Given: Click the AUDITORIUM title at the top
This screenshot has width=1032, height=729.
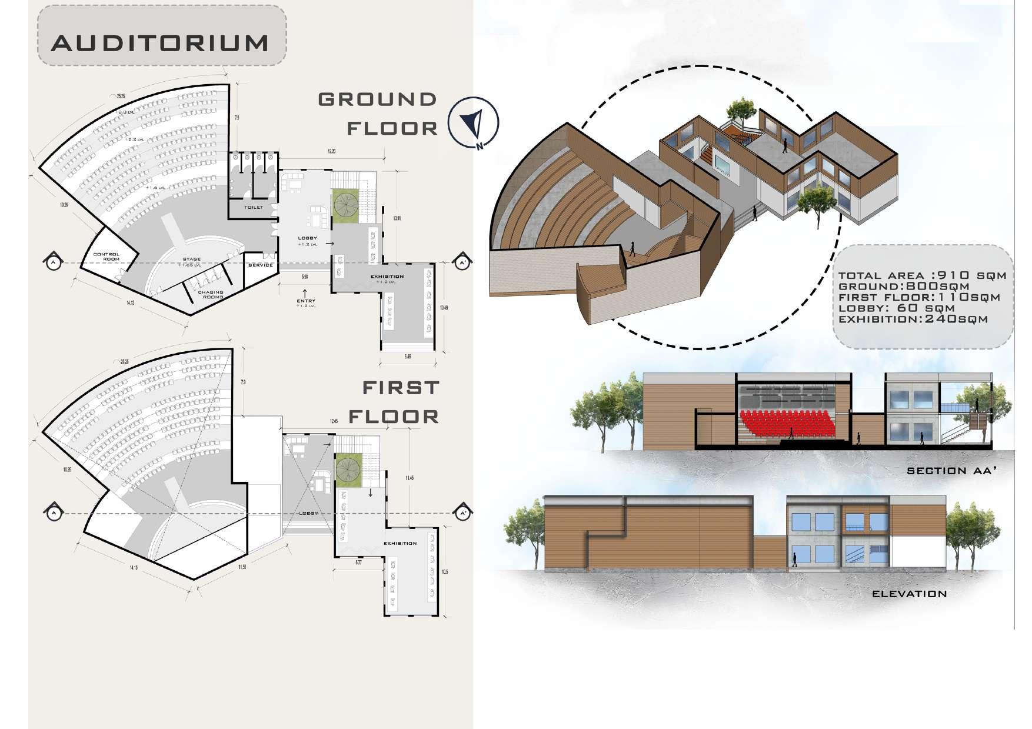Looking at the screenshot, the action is [159, 44].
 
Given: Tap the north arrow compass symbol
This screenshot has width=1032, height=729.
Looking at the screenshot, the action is [473, 124].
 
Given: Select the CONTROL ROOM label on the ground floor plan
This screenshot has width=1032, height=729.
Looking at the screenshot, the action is [106, 257].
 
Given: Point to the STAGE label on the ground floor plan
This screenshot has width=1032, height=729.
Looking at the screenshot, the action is [191, 259].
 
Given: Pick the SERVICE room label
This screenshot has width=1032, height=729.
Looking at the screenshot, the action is [261, 265].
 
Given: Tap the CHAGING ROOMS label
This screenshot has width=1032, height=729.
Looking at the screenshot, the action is [211, 294].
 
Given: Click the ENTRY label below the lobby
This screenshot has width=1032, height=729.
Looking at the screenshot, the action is [306, 302].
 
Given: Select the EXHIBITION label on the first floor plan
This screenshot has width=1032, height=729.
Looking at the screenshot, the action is [400, 543].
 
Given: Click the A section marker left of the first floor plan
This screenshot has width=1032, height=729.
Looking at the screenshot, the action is [53, 513].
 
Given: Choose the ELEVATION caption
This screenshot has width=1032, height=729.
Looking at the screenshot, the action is [909, 594].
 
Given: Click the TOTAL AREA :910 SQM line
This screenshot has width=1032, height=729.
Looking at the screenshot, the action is [922, 275].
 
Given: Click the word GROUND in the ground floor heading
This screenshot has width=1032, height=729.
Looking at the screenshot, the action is [377, 99].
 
